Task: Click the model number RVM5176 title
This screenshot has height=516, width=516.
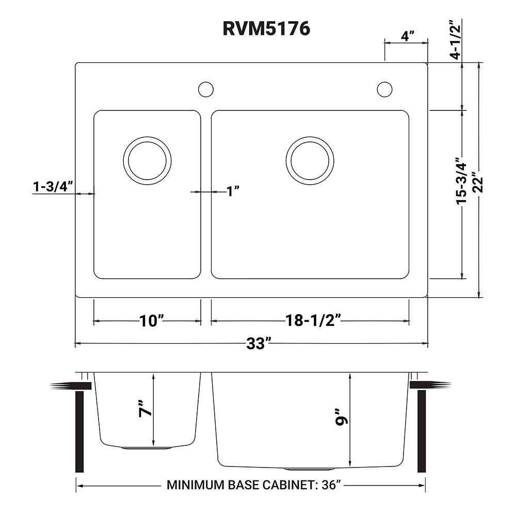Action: pyautogui.click(x=266, y=28)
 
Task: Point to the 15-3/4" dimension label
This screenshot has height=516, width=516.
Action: pyautogui.click(x=461, y=180)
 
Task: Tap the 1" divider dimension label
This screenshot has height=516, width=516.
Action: pyautogui.click(x=234, y=192)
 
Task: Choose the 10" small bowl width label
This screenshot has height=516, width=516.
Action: pyautogui.click(x=151, y=321)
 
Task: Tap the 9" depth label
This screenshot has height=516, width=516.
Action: pyautogui.click(x=341, y=416)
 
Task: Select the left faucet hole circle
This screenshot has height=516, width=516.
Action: pyautogui.click(x=206, y=89)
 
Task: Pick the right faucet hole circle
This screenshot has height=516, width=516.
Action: pyautogui.click(x=384, y=89)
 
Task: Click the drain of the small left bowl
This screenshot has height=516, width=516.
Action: pyautogui.click(x=147, y=159)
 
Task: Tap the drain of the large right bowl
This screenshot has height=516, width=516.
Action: pyautogui.click(x=310, y=159)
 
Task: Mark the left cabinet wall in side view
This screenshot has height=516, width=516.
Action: pyautogui.click(x=79, y=431)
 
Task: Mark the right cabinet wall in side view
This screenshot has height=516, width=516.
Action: pyautogui.click(x=422, y=431)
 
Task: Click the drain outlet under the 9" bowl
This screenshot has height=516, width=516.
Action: pyautogui.click(x=309, y=469)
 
